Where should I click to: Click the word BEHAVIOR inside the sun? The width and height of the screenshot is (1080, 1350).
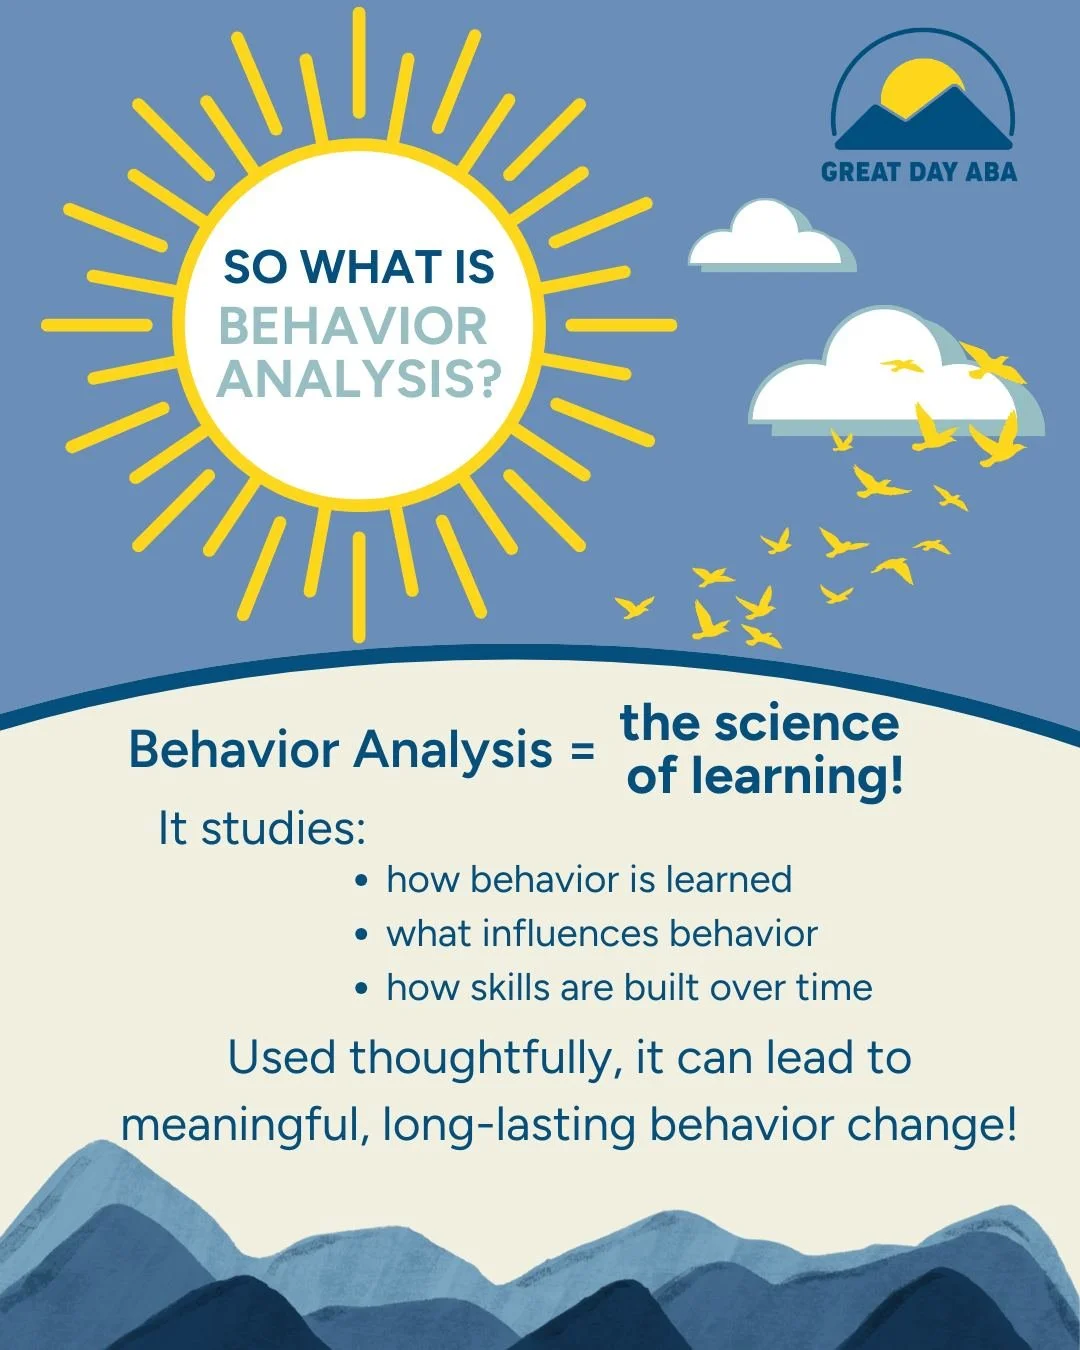point(353,327)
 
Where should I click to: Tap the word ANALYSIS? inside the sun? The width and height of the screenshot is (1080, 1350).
point(358,380)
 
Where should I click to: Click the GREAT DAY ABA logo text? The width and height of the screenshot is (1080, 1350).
point(919,172)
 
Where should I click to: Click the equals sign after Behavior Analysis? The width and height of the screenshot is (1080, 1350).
point(582,750)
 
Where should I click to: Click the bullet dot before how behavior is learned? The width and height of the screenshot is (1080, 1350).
point(362,881)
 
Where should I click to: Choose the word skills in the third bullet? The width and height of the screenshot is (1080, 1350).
point(510,987)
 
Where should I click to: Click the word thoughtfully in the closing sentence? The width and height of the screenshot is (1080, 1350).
point(479,1058)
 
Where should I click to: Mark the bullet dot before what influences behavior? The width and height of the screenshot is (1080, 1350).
point(362,935)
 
